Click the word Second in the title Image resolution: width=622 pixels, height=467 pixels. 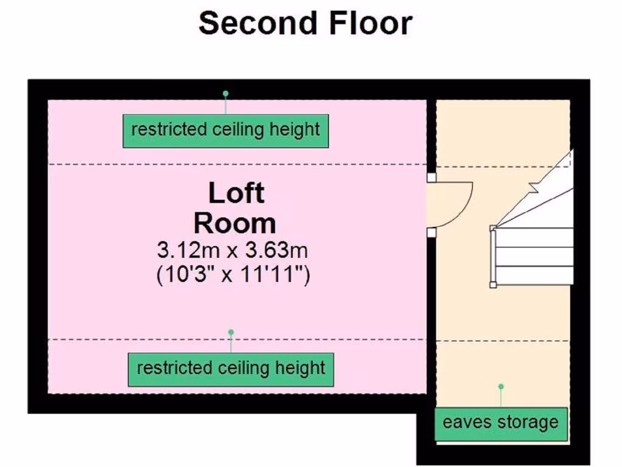pos(258,24)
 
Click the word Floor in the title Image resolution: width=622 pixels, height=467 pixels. pos(371,24)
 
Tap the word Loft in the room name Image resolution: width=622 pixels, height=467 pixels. pos(236,193)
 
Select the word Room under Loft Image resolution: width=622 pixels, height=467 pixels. pos(235,223)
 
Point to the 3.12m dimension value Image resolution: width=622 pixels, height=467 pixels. pos(188,250)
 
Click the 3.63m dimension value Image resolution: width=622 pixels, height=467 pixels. pos(276,250)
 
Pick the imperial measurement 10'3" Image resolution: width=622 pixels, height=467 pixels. pos(187,274)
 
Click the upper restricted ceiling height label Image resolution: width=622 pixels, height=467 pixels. pos(226,131)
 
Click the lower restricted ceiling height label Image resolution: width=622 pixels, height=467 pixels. pos(231,370)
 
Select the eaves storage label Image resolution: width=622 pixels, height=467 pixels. pos(501,424)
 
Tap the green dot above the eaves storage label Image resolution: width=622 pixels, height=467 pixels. pos(501,386)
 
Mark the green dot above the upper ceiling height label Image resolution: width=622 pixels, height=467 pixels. pos(226,94)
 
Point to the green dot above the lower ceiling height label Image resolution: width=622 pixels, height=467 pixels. pos(231,332)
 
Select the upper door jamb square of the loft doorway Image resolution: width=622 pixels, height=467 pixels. pos(432,178)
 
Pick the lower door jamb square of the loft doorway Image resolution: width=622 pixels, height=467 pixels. pos(432,232)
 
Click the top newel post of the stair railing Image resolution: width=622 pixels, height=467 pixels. pos(493,229)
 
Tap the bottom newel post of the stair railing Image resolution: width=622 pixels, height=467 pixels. pos(493,285)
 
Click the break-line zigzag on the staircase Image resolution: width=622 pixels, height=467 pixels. pos(533,187)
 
